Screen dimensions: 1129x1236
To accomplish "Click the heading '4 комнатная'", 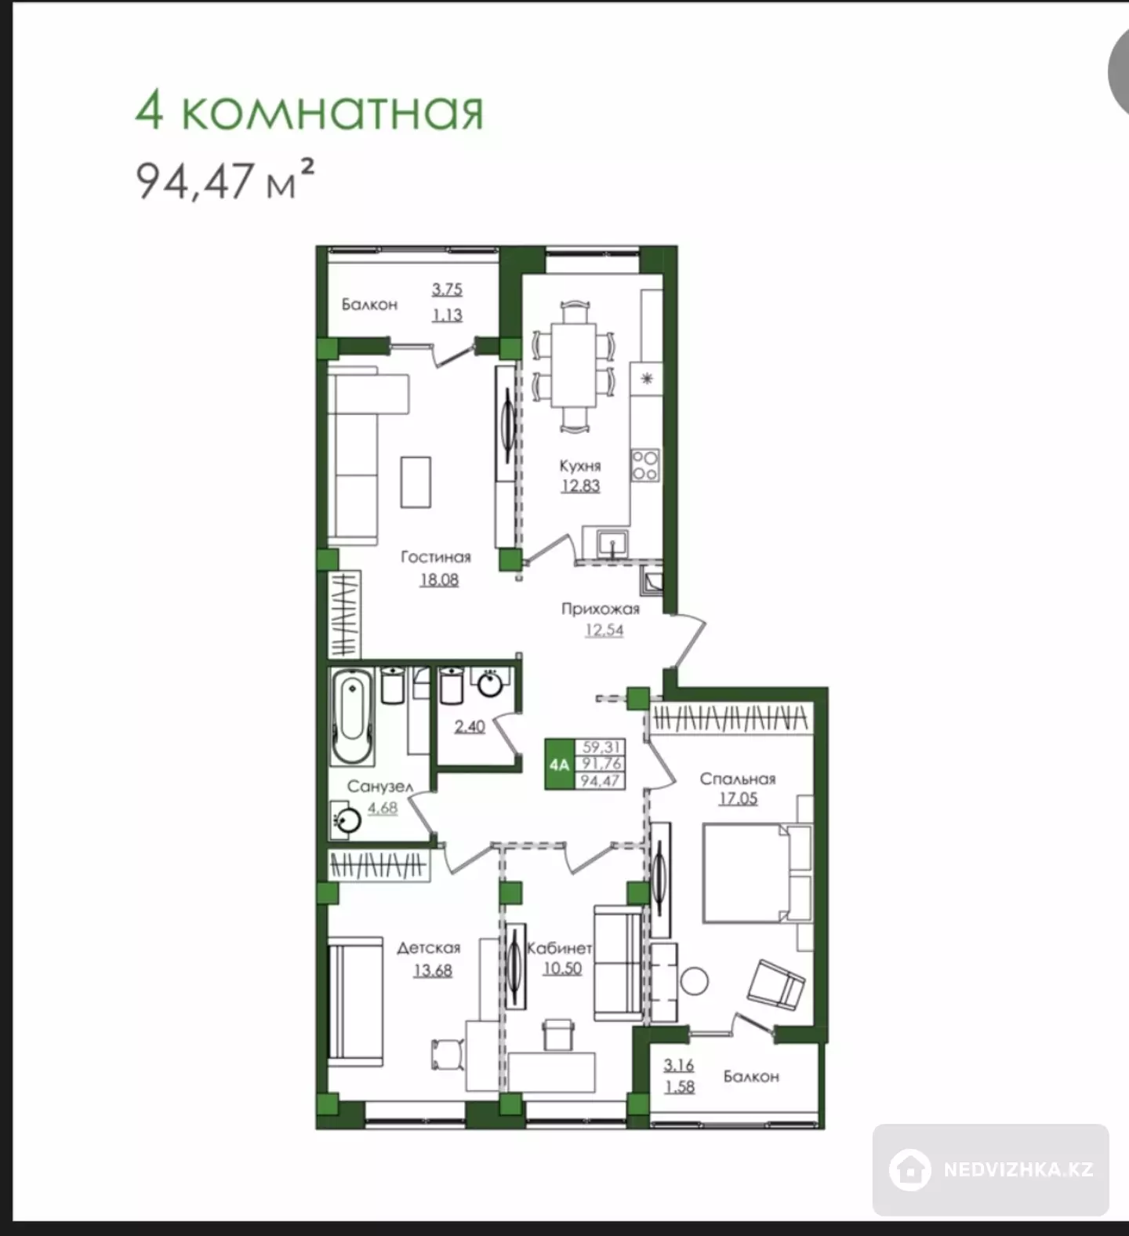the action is pos(309,111).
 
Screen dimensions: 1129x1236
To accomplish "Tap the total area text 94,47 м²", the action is pos(226,180).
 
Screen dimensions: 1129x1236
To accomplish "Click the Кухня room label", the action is pos(580,465).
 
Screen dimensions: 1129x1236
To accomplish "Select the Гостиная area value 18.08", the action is pos(438,580).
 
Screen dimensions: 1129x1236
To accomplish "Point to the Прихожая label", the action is pos(601,609).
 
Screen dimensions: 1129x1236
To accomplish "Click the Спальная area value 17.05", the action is pos(738,798).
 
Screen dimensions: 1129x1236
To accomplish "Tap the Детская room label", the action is pos(429,947).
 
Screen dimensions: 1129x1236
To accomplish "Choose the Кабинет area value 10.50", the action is pos(562,968).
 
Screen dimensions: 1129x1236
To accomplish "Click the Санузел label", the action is pos(379,786).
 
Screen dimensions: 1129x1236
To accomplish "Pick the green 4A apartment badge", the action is pos(560,764).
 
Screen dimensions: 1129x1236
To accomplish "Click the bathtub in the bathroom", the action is pos(351,716).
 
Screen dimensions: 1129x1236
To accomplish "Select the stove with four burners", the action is pos(645,465).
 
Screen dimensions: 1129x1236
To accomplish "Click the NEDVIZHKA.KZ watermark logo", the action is pos(991,1169).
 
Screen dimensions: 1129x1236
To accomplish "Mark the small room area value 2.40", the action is pos(470,726).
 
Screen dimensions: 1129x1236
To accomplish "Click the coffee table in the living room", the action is pos(416,482).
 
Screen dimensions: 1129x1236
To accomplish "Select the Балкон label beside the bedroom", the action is pos(751,1076).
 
